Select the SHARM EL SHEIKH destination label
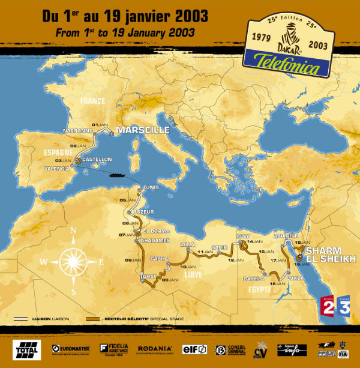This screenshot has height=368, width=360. coord(331,254)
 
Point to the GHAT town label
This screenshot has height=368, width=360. coord(148,276)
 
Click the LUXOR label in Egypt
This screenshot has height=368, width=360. coord(296,279)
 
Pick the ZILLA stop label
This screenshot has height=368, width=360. coord(188,245)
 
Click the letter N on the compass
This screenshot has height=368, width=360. coord(73,231)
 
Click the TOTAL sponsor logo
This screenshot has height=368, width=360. coord(26,348)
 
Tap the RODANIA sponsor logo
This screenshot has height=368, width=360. coord(155,348)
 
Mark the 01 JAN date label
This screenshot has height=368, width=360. coord(99,124)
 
